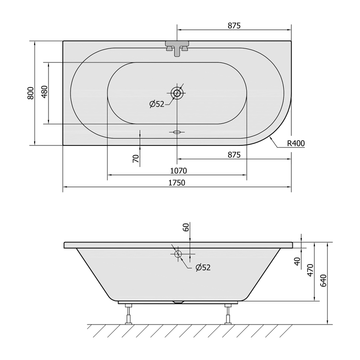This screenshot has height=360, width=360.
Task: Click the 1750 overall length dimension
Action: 177,183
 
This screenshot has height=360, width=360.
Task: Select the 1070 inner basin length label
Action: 179,171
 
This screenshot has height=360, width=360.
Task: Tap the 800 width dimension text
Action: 31,93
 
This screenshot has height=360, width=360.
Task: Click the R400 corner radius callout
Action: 296,144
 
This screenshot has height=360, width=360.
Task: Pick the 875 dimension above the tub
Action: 234,25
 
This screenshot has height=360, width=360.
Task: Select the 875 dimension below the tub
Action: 234,155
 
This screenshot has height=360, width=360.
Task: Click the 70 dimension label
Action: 136,159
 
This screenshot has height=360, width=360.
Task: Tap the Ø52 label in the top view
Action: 157,104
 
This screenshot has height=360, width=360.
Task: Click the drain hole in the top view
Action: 177,93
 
